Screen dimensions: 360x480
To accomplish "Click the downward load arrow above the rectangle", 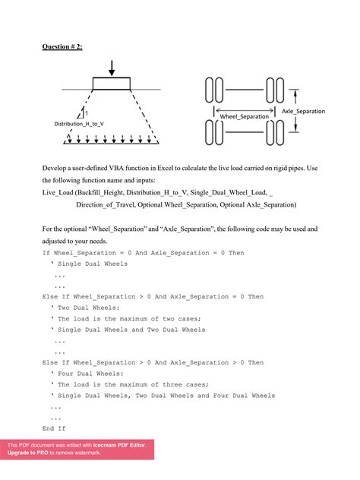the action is (x=111, y=69).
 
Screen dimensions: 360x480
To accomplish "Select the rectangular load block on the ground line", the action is (x=111, y=84).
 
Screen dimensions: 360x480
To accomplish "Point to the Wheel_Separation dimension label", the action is (x=245, y=116).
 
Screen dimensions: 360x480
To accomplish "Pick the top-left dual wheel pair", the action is (x=214, y=91).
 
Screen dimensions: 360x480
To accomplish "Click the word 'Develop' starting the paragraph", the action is (x=56, y=166).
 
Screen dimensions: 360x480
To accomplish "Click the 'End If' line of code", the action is (x=54, y=429).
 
